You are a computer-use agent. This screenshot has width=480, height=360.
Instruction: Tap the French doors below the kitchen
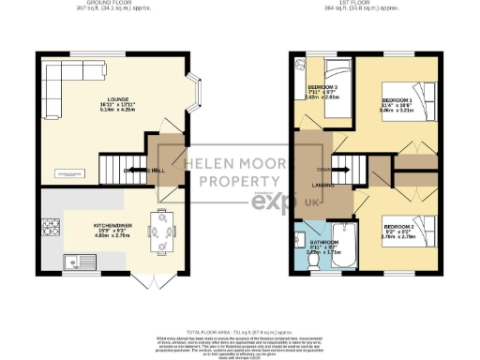tap(147, 282)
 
